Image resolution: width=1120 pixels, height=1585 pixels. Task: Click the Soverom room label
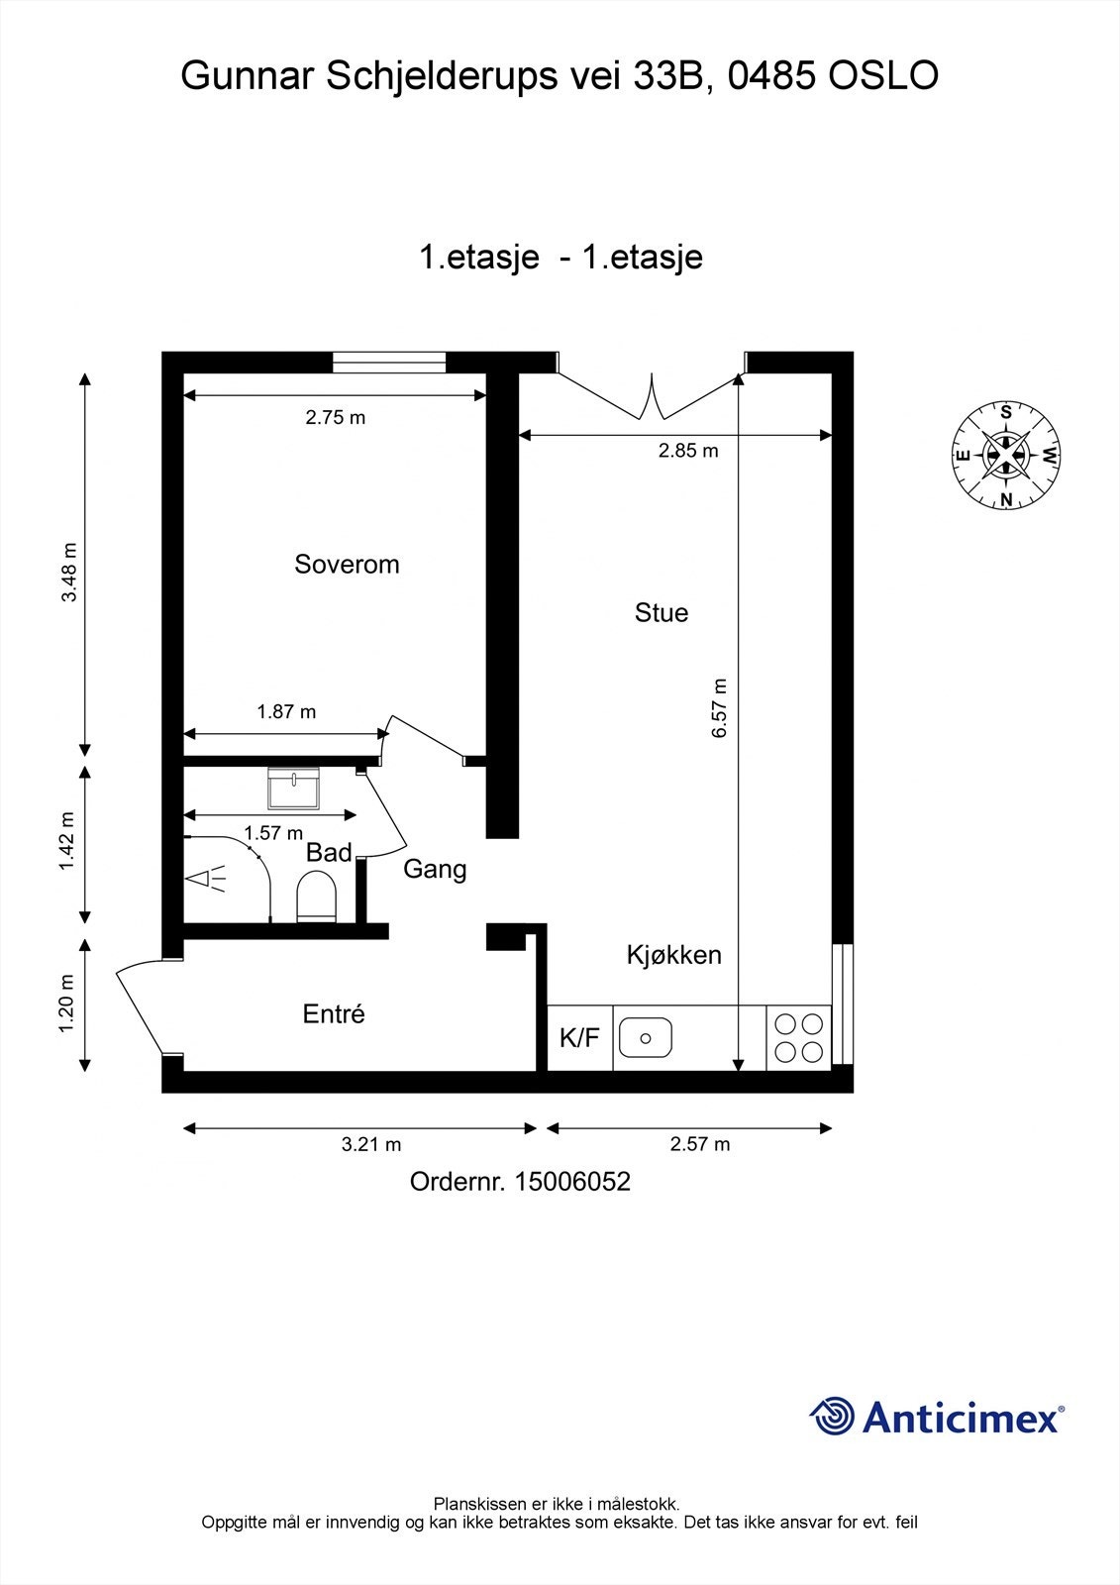pos(347,565)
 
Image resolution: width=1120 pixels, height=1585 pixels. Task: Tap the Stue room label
pos(661,613)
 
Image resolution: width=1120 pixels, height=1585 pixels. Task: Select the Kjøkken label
pos(673,955)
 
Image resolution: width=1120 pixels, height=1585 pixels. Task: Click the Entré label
pos(334,1014)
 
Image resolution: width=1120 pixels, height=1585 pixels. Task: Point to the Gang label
pos(435,870)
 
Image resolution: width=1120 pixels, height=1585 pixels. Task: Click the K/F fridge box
pos(579,1038)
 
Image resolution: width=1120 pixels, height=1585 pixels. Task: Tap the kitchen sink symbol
pos(646,1038)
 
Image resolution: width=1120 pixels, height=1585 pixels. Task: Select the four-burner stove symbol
pos(798,1038)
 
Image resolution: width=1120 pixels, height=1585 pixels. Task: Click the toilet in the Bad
pos(317,897)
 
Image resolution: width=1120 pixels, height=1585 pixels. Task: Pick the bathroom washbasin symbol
pos(293,790)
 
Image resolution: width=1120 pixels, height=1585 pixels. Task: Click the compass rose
pos(1006,456)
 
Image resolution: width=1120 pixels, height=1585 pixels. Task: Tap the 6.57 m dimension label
pos(720,707)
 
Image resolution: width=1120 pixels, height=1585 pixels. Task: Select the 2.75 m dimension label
pos(335,418)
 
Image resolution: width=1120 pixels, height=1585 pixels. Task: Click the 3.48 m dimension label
pos(69,573)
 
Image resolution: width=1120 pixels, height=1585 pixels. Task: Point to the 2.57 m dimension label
pos(699,1144)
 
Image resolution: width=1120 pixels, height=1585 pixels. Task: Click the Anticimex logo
pos(937,1418)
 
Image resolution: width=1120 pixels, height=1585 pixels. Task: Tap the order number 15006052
pos(571,1182)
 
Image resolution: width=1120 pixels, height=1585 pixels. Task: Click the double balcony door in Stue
pos(652,395)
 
